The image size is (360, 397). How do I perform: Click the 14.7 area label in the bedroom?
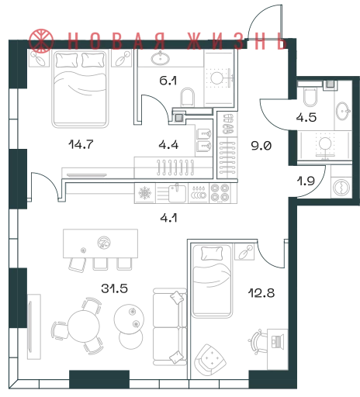point(81,144)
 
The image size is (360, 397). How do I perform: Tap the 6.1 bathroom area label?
point(168,81)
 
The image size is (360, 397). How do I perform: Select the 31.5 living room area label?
point(115,288)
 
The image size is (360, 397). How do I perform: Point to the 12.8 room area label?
point(261,293)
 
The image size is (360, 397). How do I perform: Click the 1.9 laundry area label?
point(306,181)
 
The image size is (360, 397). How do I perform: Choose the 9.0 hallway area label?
point(261,146)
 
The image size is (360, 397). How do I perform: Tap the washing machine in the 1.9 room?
point(341,187)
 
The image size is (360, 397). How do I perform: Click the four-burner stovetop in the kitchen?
point(220,193)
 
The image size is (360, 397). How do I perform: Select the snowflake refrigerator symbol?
point(144,193)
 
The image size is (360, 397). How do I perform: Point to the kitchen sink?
point(178,193)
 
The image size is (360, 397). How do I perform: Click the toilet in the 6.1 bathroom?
point(187,98)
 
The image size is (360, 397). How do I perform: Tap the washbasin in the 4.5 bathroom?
point(343,111)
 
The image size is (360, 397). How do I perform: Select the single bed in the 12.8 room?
point(212,281)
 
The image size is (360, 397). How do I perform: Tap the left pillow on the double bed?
point(67,60)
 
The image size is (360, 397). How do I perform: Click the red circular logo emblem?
point(41,40)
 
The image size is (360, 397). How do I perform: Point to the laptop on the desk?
point(278,341)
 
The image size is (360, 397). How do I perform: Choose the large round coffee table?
point(129,319)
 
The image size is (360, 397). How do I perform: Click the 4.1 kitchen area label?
point(168,219)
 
